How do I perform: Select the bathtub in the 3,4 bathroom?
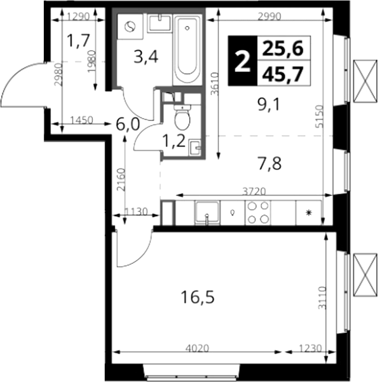click(x=187, y=50)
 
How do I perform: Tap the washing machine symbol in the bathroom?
click(x=130, y=27)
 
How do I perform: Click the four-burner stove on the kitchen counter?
click(x=258, y=213)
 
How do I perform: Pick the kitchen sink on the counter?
click(x=207, y=213)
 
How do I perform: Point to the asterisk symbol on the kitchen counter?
click(x=309, y=213)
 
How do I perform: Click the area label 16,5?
click(x=198, y=298)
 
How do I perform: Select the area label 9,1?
click(x=269, y=105)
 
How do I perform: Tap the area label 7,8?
click(x=269, y=164)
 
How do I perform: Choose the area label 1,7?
click(x=79, y=41)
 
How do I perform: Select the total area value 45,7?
click(x=282, y=74)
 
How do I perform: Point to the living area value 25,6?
click(x=282, y=48)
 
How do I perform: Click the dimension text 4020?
click(x=197, y=348)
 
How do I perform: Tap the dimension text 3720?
click(x=254, y=192)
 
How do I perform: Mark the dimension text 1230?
click(x=311, y=348)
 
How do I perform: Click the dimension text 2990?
click(x=269, y=17)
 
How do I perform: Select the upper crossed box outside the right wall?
click(x=366, y=81)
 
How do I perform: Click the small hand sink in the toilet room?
click(x=195, y=147)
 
